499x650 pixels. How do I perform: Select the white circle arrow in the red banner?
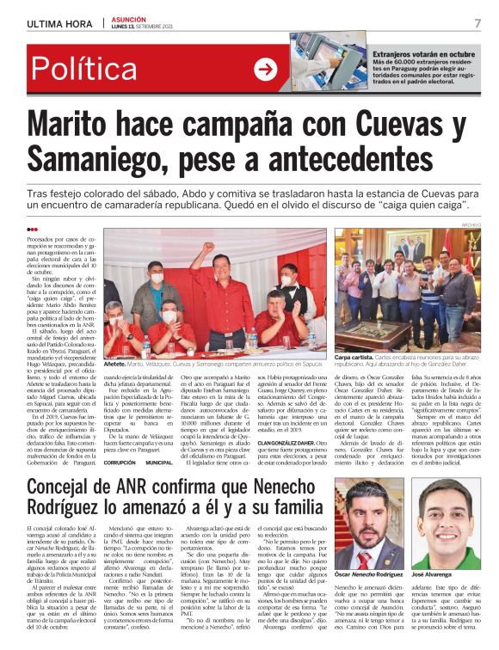[x=266, y=70]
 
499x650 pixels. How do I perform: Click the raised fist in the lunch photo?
[x=206, y=249]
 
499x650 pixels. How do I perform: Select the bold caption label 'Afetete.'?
[x=114, y=365]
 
